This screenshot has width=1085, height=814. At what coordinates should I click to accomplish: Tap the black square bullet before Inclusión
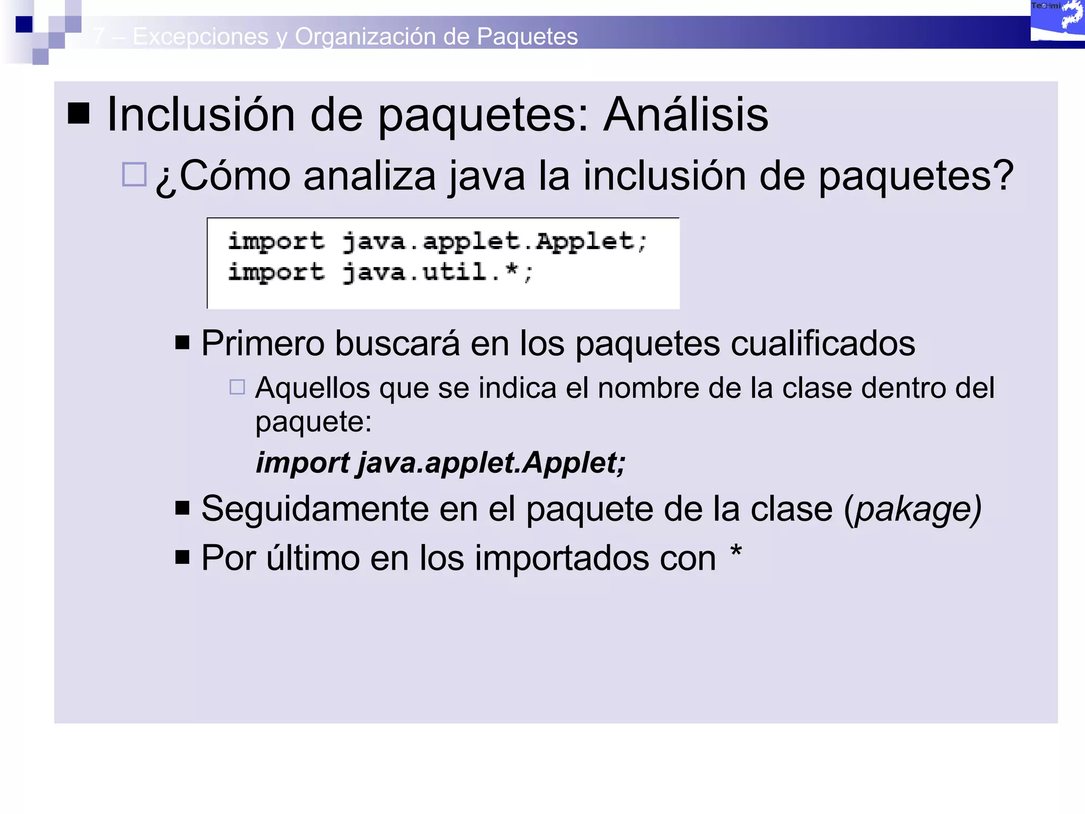point(78,112)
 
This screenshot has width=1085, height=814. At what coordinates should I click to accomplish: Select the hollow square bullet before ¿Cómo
point(134,174)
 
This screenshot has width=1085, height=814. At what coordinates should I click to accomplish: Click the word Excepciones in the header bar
point(200,37)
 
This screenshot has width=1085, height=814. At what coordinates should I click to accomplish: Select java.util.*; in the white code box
point(438,273)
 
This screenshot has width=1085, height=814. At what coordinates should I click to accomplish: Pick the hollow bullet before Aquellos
point(237,387)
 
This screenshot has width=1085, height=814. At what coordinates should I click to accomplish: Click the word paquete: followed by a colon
point(314,422)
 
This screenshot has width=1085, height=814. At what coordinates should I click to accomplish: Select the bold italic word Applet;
point(574,463)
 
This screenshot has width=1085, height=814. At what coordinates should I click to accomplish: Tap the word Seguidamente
point(315,509)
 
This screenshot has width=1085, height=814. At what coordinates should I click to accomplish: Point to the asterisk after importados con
point(736,552)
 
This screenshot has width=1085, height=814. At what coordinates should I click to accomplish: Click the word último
point(313,558)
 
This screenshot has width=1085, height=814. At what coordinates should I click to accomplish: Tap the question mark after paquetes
point(1002,175)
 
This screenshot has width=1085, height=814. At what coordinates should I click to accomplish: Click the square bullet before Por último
point(182,557)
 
